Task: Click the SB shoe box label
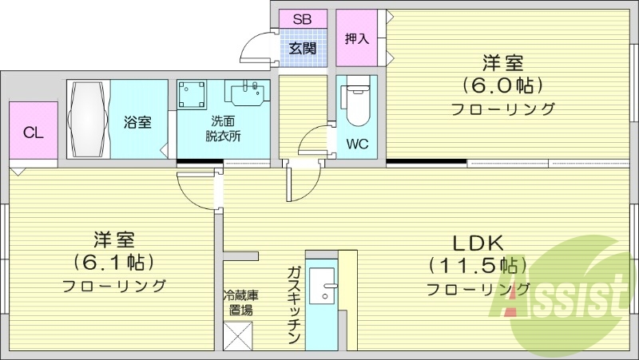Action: [x=303, y=18]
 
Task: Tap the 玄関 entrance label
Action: [x=303, y=48]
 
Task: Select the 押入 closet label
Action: [x=356, y=38]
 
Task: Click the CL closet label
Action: [x=33, y=133]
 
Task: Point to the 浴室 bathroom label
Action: [x=137, y=123]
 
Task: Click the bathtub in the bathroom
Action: [x=87, y=119]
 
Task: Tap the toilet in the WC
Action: [x=356, y=104]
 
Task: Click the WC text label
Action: [x=356, y=144]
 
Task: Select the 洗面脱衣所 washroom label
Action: [x=223, y=128]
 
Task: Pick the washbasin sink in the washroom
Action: [x=247, y=94]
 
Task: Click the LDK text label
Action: [x=477, y=243]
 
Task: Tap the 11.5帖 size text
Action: [x=477, y=265]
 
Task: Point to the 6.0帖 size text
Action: [x=502, y=84]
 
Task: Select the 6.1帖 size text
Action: [x=113, y=261]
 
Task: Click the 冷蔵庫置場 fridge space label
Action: [x=240, y=302]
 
